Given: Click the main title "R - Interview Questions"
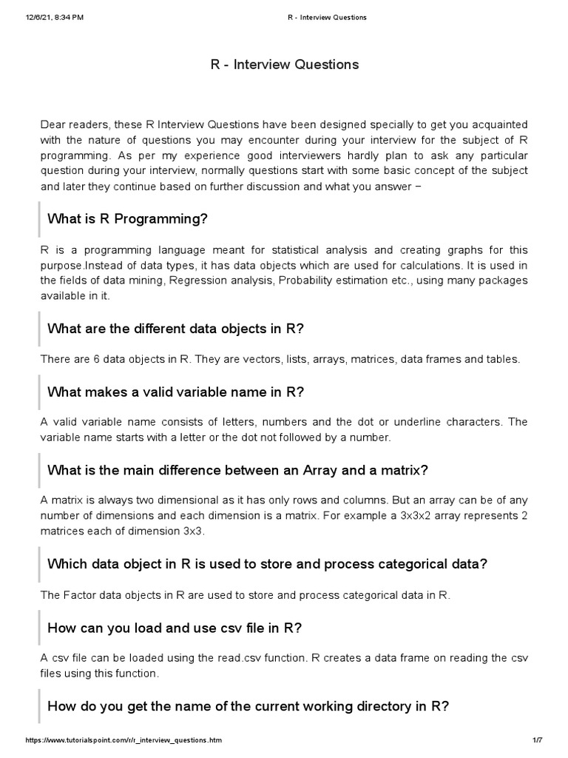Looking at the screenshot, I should coord(284,64).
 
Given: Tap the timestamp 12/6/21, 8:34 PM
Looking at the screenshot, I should coord(54,17).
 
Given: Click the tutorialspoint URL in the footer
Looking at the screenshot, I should coord(124,740).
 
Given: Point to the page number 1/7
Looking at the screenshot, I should coord(538,740).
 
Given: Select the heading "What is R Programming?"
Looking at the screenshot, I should coord(127,218).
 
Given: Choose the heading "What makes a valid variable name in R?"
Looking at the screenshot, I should coord(176,392).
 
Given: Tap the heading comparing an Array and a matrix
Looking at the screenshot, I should coord(237,470).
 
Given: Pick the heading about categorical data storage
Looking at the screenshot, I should coord(267,563).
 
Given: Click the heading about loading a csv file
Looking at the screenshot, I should coord(175,628).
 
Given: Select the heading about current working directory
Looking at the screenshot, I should coord(248,705).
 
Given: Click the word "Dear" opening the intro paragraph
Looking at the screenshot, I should coord(53,124).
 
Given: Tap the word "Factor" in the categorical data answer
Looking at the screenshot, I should coord(80,594).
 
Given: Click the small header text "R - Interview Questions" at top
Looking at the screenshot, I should coord(327,17).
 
